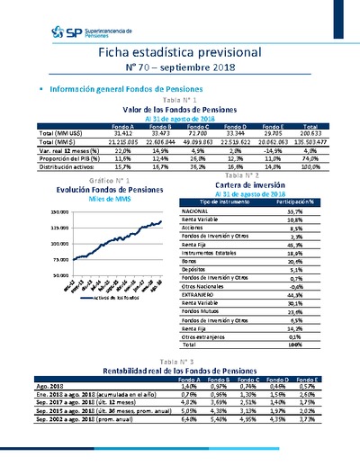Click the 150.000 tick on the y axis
coord(59,211)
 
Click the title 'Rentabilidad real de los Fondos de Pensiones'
coord(180,371)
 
